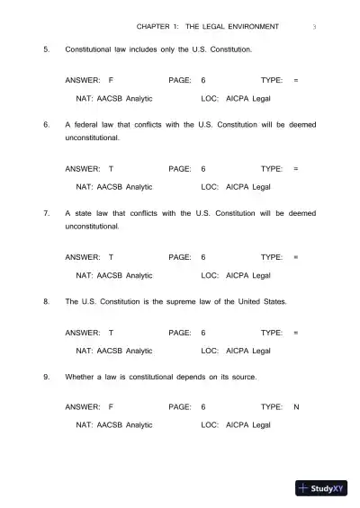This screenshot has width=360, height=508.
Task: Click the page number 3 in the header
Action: point(314,26)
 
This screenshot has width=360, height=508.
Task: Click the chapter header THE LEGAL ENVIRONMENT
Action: point(230,26)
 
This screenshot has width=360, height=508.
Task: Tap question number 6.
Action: point(46,125)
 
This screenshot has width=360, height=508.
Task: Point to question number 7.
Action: point(46,213)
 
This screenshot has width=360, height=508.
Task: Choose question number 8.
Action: point(46,302)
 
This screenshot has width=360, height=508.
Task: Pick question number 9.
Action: point(46,377)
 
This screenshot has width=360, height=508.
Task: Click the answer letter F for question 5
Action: point(110,81)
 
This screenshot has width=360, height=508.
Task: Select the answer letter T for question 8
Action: point(111,333)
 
